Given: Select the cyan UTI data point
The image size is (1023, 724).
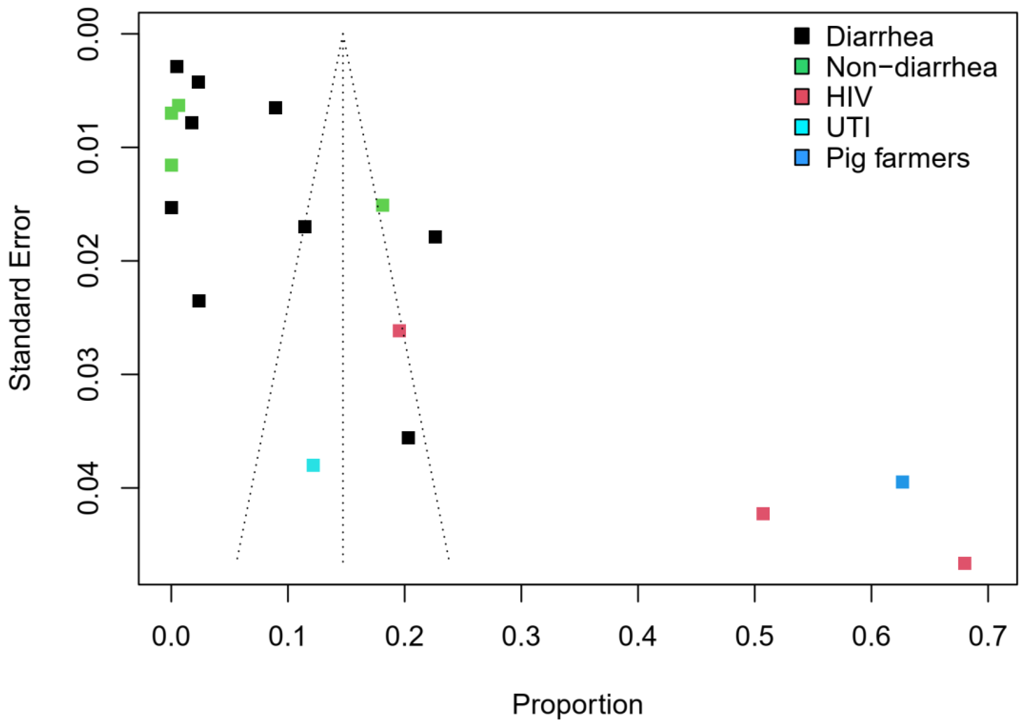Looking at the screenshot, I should pos(313,465).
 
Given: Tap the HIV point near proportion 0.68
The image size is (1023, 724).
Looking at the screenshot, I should pos(965,563).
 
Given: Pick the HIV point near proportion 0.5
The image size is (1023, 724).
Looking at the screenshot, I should pos(763,514).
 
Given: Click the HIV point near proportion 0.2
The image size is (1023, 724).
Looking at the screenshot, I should pos(399,331).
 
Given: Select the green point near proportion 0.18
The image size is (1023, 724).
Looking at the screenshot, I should pos(382,205).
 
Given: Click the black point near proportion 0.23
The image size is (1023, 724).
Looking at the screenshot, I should pos(435,237).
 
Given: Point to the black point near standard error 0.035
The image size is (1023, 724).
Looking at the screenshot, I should pos(408,438).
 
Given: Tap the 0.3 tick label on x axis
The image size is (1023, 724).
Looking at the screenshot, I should pos(521,637).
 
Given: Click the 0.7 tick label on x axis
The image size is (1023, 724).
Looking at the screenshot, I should pos(988,637).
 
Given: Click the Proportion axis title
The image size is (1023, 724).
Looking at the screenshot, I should pos(577,705).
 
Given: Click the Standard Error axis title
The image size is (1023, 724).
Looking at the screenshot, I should pos(20,298).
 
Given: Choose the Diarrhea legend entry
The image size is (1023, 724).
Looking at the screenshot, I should pos(879,36).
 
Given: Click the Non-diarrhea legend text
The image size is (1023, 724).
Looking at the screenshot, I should pos(911,67).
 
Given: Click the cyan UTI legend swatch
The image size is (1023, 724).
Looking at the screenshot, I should pos(802,127).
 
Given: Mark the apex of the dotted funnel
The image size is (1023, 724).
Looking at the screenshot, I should pos(342,34).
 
